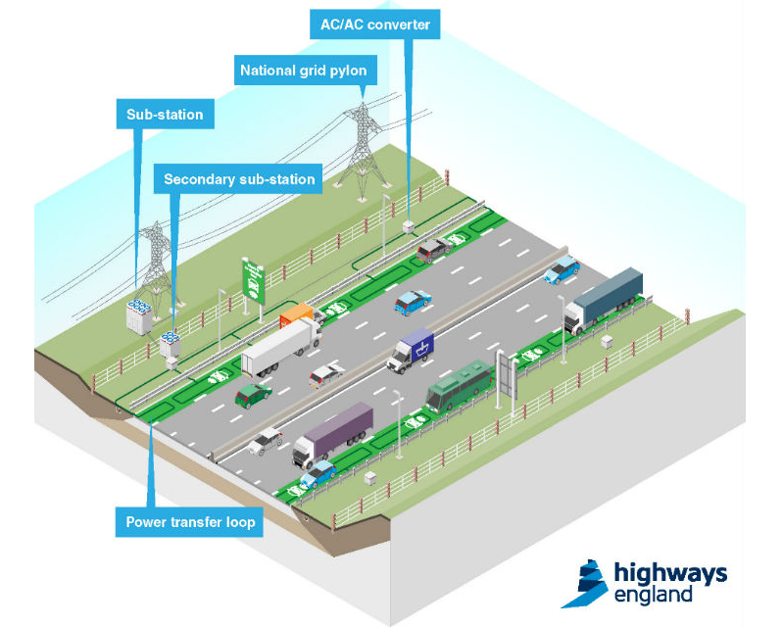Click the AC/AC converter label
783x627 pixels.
374,24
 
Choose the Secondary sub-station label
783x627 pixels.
239,179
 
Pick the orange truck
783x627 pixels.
300,315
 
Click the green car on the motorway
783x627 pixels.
254,394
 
